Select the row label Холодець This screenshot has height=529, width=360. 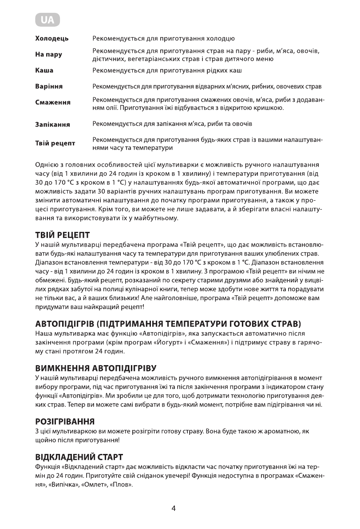pyautogui.click(x=52, y=39)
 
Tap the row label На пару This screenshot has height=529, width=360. pyautogui.click(x=49, y=55)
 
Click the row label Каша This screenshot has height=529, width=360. pyautogui.click(x=44, y=70)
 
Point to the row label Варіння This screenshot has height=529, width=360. pyautogui.click(x=49, y=86)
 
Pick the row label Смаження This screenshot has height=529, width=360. pyautogui.click(x=53, y=103)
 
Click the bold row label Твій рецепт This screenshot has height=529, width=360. pyautogui.click(x=55, y=143)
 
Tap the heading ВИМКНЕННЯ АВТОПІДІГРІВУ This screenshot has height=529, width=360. pyautogui.click(x=96, y=368)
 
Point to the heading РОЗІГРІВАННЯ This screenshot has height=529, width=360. pyautogui.click(x=65, y=421)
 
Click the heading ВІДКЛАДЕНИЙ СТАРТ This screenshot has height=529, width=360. pyautogui.click(x=79, y=457)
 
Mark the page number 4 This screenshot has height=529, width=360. pyautogui.click(x=174, y=509)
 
